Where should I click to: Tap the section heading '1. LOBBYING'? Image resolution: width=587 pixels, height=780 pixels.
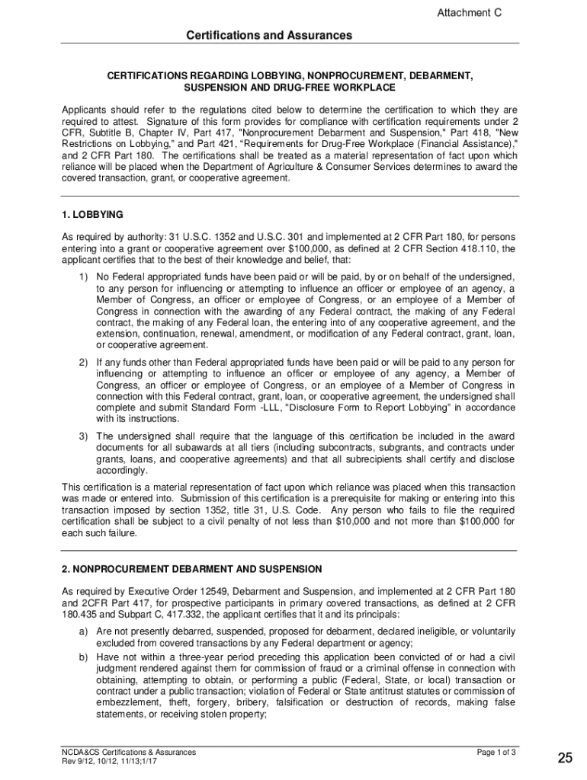[92, 214]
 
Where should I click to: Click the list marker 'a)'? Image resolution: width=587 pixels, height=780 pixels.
[82, 631]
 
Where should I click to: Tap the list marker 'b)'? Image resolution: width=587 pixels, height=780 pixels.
[82, 656]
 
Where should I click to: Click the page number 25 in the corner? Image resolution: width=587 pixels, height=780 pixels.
[565, 757]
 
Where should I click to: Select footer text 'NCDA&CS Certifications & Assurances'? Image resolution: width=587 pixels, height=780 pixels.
[129, 753]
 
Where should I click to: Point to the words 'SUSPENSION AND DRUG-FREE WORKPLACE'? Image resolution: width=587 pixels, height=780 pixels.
[289, 89]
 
